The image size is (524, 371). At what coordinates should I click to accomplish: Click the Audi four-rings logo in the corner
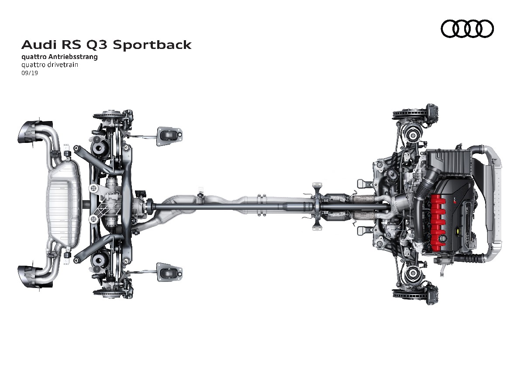467,29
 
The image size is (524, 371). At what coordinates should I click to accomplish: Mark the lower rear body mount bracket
169,272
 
